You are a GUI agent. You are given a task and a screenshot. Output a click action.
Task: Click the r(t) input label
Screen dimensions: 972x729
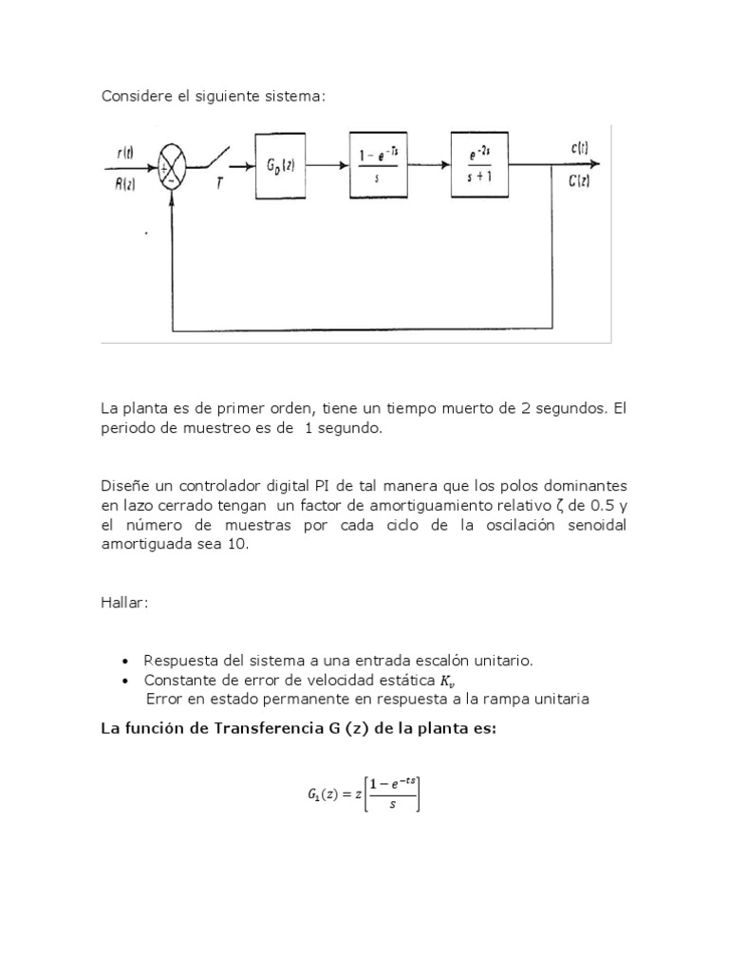pos(124,152)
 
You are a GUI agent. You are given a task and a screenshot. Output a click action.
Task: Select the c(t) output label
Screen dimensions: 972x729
pos(581,148)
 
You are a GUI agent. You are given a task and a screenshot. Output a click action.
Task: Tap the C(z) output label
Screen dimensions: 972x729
pos(580,181)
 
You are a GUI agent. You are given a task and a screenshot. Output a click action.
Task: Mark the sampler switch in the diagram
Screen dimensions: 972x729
pos(216,158)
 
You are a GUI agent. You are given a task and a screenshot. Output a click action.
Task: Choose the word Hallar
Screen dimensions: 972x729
pos(124,605)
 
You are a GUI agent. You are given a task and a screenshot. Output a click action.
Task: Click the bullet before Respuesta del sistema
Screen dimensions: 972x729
pos(125,661)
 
